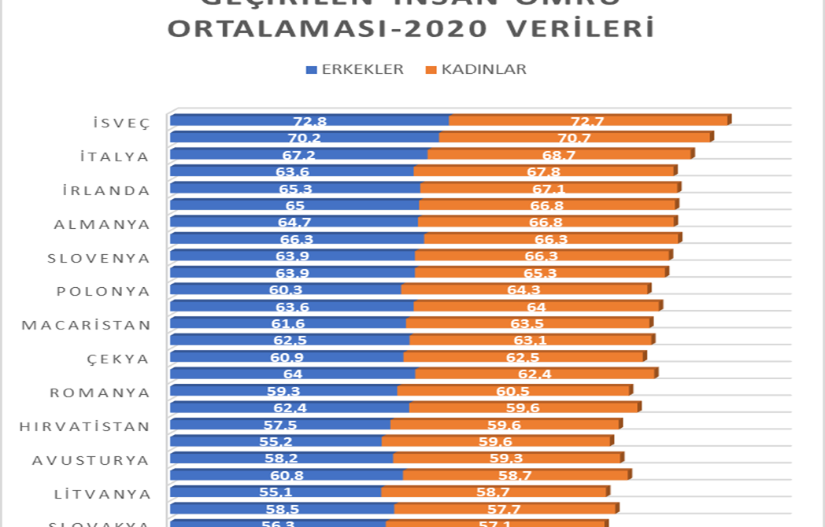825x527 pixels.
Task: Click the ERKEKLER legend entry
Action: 355,69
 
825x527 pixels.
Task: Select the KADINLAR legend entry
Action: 475,69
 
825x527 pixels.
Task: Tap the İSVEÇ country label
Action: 120,123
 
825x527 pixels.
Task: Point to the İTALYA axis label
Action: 114,157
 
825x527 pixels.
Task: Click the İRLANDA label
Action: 106,190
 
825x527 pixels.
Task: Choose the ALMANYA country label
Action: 102,224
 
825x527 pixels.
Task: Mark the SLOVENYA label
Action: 98,258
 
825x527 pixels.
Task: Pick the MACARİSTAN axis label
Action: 86,325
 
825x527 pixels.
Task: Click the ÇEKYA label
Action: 118,359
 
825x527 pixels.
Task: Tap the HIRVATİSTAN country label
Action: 84,426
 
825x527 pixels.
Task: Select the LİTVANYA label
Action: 102,494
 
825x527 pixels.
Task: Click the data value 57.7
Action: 504,509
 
